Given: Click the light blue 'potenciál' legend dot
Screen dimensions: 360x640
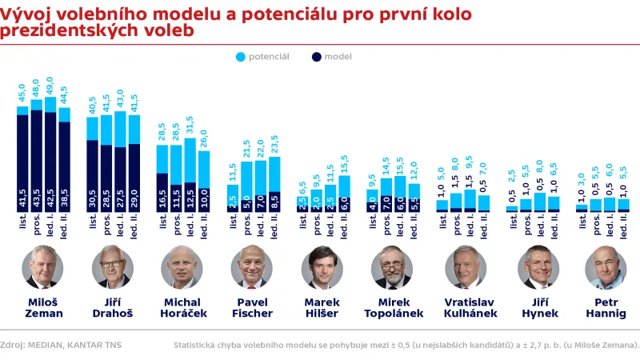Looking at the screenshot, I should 241,57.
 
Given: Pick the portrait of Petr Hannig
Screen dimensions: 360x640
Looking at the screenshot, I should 606,267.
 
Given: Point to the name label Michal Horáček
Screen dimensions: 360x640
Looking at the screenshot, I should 182,308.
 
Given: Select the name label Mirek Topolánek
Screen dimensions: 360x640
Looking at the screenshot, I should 392,308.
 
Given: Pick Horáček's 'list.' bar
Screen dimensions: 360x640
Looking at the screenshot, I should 162,178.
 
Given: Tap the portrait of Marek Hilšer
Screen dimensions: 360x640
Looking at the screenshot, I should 322,267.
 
